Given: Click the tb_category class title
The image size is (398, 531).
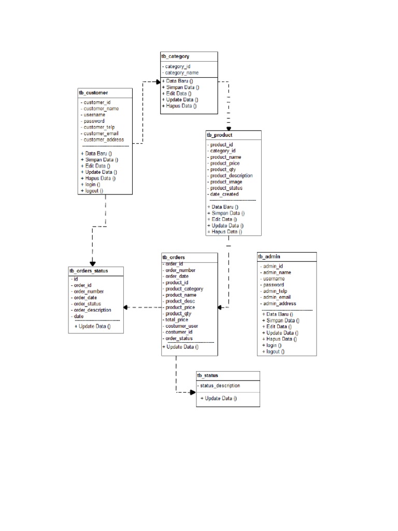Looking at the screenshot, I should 175,56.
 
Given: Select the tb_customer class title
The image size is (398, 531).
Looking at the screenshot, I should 93,92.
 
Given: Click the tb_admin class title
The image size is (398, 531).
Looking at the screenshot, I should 269,257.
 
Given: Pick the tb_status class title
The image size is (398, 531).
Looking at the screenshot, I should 207,375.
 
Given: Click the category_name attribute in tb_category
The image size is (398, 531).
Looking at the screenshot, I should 181,73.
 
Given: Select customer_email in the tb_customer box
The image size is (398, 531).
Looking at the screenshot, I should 102,133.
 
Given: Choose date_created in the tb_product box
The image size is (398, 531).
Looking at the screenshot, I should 224,194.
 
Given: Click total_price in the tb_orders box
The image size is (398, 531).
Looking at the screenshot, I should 176,320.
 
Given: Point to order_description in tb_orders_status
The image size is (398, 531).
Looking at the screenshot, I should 92,310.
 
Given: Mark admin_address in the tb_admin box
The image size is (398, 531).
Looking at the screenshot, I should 279,304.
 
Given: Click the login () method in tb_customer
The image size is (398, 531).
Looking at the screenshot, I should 91,185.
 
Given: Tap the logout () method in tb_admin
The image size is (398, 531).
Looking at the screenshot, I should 273,352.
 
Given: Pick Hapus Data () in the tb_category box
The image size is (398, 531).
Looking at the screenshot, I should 179,106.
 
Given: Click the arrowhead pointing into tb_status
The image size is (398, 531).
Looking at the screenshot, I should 192,392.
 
